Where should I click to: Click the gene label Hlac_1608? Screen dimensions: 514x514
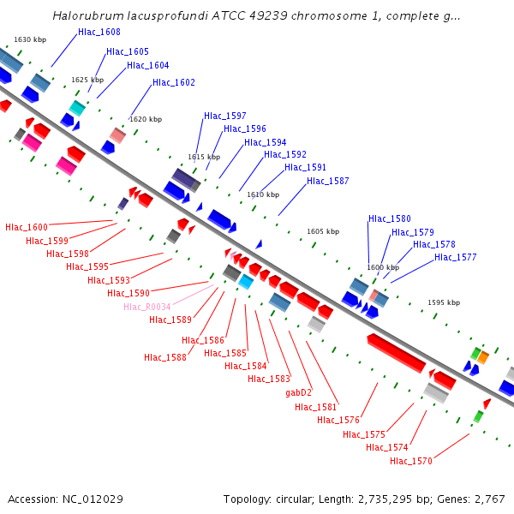click(x=99, y=32)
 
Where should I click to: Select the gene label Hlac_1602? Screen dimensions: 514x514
click(x=174, y=82)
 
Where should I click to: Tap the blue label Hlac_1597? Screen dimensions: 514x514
click(x=225, y=116)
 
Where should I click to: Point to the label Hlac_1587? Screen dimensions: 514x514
click(x=328, y=181)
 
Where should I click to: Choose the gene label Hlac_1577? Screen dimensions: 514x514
click(x=456, y=256)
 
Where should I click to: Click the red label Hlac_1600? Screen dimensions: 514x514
click(x=27, y=227)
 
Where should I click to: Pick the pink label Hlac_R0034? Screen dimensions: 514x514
click(x=147, y=307)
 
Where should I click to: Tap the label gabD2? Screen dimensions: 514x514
click(x=299, y=392)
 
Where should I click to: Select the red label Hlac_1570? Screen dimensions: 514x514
click(x=411, y=461)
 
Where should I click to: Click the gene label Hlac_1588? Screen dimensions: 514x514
click(x=165, y=357)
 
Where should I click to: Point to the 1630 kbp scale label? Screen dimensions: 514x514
click(x=30, y=39)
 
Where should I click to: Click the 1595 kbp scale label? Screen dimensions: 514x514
click(x=444, y=302)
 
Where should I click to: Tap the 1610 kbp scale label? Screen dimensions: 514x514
click(x=263, y=194)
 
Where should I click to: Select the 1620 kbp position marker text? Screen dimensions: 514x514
click(x=146, y=119)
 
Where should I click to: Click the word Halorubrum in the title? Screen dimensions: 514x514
click(x=87, y=15)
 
